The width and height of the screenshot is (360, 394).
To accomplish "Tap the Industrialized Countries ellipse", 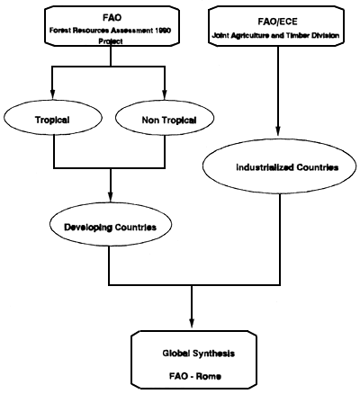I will click(274, 168).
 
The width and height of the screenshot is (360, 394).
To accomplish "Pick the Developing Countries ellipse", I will click(109, 227).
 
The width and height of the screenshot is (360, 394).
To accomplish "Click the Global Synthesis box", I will click(191, 360).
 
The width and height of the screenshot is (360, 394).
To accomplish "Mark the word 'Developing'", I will click(88, 227).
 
